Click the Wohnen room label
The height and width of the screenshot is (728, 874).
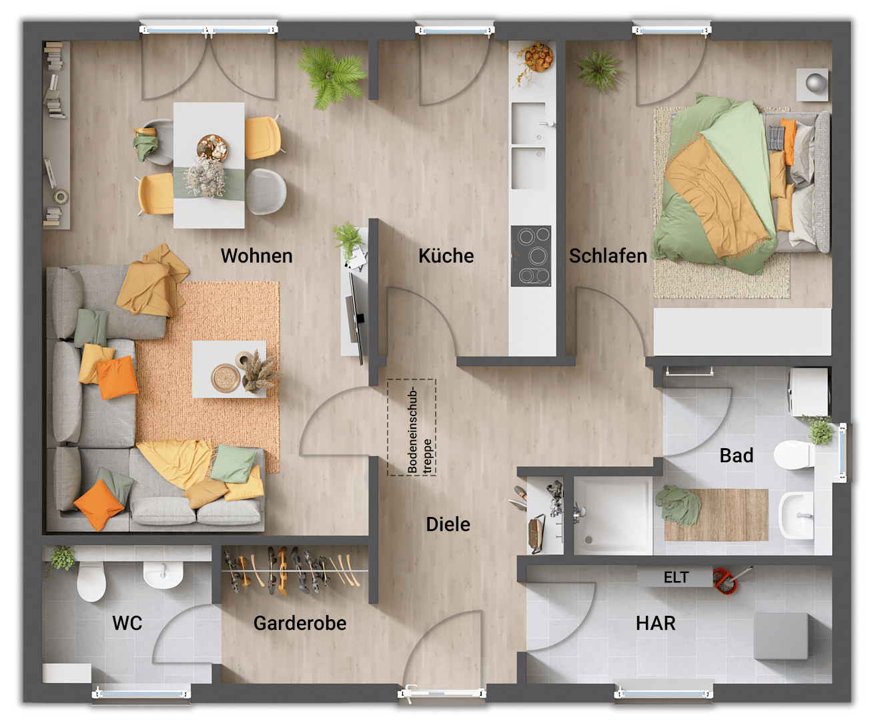[x=257, y=256]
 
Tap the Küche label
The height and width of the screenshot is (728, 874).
[x=446, y=256]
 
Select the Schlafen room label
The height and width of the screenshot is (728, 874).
[x=608, y=256]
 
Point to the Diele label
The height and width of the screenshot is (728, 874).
[x=448, y=524]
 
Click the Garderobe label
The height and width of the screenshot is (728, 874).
[x=300, y=623]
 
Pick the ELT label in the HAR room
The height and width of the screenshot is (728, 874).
[x=676, y=577]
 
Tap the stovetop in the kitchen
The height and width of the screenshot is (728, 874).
[x=531, y=256]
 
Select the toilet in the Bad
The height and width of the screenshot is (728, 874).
[x=794, y=455]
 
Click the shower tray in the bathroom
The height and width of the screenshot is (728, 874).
[x=612, y=516]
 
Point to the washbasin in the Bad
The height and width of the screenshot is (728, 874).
[x=797, y=516]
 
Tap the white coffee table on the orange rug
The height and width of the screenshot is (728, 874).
[x=229, y=369]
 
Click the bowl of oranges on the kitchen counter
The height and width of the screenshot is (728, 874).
[x=538, y=57]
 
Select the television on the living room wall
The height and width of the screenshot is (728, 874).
[x=357, y=319]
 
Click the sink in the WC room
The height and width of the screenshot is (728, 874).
[x=163, y=574]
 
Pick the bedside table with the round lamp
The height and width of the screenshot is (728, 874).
[x=812, y=85]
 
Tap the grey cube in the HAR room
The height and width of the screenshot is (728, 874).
[x=781, y=636]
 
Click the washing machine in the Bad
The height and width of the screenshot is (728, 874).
[x=808, y=392]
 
